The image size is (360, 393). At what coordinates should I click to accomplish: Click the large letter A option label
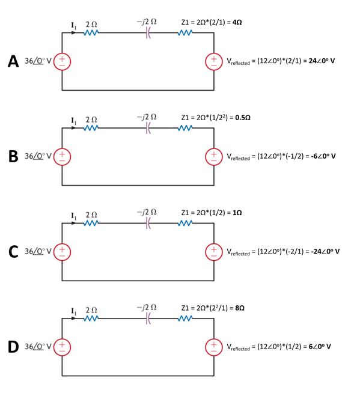click(x=13, y=61)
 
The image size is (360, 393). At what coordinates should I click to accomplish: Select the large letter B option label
click(x=13, y=156)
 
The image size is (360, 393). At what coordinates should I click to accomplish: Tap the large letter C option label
click(x=13, y=252)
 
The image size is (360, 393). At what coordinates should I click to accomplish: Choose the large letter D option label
click(x=13, y=347)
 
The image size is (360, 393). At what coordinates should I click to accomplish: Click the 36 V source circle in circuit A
click(x=62, y=61)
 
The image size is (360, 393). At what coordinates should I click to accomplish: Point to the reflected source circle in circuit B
click(x=214, y=157)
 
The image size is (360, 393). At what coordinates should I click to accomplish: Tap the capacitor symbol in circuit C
click(x=148, y=223)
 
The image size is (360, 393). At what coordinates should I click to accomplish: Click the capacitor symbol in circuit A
click(x=148, y=32)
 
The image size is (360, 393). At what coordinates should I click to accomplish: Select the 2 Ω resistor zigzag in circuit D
click(x=91, y=318)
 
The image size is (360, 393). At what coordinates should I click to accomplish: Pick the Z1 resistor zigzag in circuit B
click(x=185, y=128)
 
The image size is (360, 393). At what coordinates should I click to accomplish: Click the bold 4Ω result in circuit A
click(x=237, y=22)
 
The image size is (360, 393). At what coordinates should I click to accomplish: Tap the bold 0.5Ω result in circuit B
click(x=243, y=118)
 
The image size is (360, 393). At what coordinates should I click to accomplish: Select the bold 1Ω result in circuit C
click(x=237, y=213)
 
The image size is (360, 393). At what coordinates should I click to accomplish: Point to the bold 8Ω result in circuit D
click(x=240, y=308)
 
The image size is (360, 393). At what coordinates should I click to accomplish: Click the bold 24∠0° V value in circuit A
click(x=322, y=61)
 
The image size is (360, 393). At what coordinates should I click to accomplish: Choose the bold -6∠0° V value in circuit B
click(x=323, y=156)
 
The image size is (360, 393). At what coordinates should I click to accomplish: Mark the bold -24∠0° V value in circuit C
click(x=325, y=251)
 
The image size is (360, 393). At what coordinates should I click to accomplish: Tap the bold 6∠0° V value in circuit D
click(x=320, y=347)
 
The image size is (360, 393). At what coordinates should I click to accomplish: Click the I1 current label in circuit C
click(x=73, y=216)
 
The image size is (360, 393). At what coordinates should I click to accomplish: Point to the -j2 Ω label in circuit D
click(x=147, y=307)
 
